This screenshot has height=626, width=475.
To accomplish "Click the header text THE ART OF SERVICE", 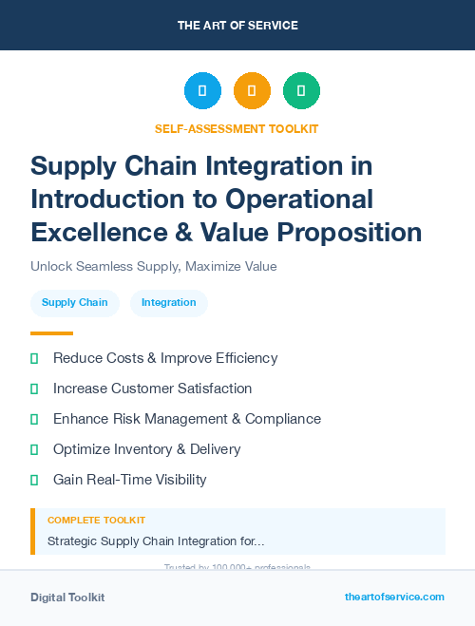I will pos(237,25).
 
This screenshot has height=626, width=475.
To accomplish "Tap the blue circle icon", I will pos(202,91).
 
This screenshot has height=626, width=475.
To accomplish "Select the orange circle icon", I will pos(252,91).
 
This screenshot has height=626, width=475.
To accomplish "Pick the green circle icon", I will pos(301,91).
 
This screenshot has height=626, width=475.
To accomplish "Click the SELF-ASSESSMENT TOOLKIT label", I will pos(237,128).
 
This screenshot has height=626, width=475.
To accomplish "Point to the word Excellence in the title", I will pos(89,232).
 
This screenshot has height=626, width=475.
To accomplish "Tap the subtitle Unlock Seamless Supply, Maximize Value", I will pos(153,266).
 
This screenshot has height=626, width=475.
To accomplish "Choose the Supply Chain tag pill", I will pos(75,303).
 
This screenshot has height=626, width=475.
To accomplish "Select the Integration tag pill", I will pos(168,303).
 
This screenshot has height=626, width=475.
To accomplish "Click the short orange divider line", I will pos(51,333).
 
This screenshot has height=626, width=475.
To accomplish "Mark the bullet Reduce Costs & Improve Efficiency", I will pos(165,358).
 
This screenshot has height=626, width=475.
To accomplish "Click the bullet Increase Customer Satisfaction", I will pos(152,389).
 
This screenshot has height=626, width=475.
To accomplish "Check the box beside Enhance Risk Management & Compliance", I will pos(34,419).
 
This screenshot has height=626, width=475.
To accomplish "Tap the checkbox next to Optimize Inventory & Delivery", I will pos(34,449).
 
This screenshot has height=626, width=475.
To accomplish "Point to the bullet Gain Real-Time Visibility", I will pos(129,480).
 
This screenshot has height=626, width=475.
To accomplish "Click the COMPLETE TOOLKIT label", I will pos(96,521).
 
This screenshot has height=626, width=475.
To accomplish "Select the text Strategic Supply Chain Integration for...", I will pos(156,541).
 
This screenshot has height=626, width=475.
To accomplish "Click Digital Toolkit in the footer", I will pos(67,598).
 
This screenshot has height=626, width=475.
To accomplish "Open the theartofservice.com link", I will pos(394,597).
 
